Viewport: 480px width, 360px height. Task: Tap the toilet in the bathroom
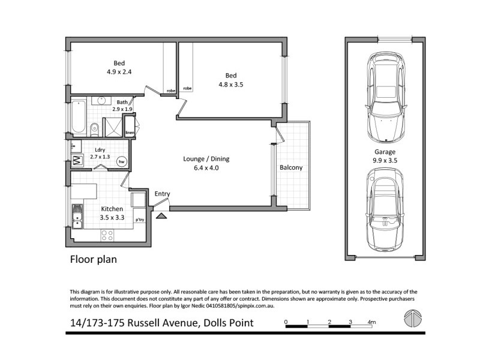pyautogui.click(x=95, y=128)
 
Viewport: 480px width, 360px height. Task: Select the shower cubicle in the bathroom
pyautogui.click(x=112, y=127)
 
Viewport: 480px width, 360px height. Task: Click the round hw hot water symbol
pyautogui.click(x=122, y=161)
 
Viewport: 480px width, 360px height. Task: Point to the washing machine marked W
pyautogui.click(x=77, y=160)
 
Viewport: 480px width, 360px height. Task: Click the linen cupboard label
pyautogui.click(x=129, y=133)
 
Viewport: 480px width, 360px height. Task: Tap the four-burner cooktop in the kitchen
pyautogui.click(x=107, y=236)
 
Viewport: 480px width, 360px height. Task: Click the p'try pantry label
pyautogui.click(x=139, y=220)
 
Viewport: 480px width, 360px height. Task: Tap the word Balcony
pyautogui.click(x=291, y=167)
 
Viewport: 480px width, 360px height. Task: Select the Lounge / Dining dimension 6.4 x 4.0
pyautogui.click(x=206, y=169)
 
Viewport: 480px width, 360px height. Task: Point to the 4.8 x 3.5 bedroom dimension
pyautogui.click(x=231, y=85)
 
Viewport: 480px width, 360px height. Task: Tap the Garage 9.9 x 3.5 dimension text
pyautogui.click(x=385, y=161)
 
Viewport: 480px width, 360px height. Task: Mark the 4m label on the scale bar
pyautogui.click(x=372, y=323)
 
